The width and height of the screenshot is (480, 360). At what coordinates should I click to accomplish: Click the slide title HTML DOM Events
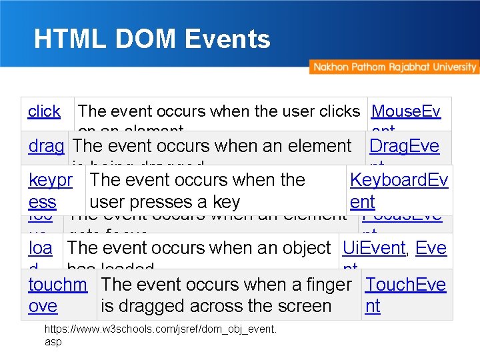click(152, 39)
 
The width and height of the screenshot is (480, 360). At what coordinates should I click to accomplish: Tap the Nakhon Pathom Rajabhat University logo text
click(394, 67)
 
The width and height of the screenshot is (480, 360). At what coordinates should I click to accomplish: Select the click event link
click(44, 111)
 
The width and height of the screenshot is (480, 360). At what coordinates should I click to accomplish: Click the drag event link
click(47, 146)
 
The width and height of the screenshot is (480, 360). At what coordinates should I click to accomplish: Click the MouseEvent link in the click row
click(405, 111)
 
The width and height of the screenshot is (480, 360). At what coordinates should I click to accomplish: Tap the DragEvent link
click(404, 146)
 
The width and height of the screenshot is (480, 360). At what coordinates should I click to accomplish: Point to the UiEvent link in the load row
click(373, 248)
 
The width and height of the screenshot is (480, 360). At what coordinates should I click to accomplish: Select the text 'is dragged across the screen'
click(216, 306)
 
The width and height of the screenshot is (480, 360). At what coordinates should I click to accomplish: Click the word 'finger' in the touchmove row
click(325, 285)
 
